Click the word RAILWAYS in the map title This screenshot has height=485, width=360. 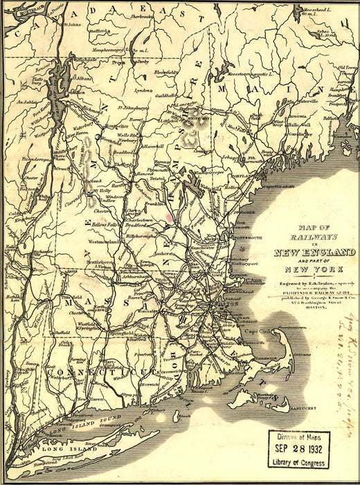point(315,237)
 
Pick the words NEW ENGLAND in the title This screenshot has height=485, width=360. point(315,252)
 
